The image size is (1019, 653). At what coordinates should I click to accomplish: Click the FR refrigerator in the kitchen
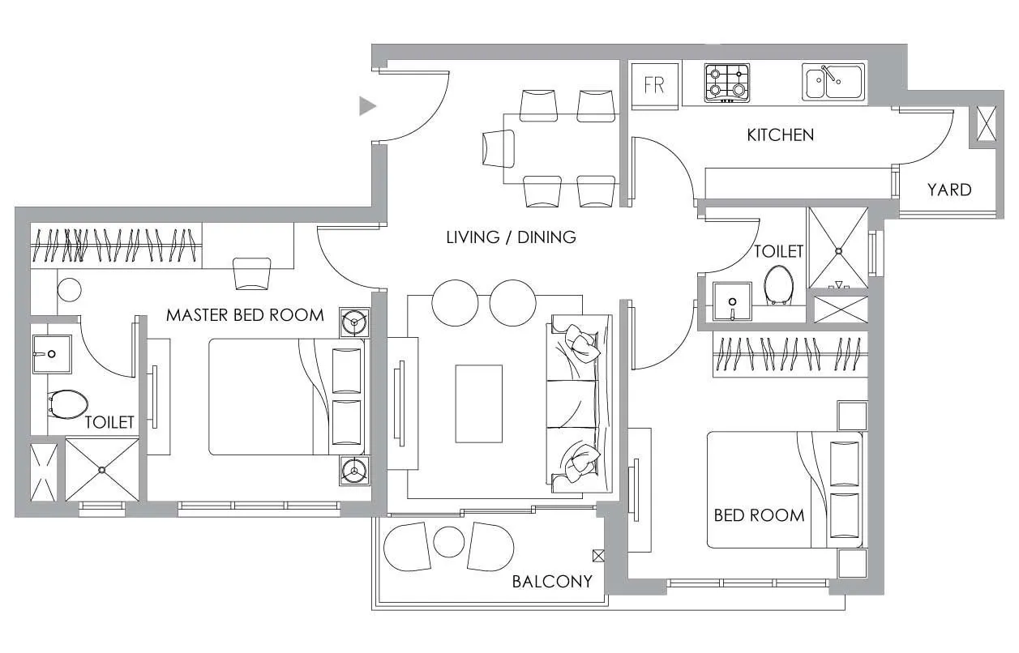point(654,84)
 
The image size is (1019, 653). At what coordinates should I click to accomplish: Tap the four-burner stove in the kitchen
point(726,83)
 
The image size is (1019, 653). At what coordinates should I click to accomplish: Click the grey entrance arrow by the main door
point(368,105)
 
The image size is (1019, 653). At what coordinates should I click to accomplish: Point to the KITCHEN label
point(780,134)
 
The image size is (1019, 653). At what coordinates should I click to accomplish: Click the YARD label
point(948,190)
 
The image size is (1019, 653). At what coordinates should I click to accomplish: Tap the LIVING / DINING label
point(511,237)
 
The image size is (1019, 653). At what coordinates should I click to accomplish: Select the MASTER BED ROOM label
point(245,314)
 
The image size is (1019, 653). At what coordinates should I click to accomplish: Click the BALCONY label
point(552,581)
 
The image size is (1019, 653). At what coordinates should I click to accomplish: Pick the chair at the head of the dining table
point(498,149)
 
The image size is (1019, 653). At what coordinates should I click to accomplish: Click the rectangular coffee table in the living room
point(478,403)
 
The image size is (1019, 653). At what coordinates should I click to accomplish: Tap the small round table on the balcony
point(448,541)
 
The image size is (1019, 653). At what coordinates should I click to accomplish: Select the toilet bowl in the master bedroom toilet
point(68,403)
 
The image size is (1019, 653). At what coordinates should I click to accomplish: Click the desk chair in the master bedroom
point(251,273)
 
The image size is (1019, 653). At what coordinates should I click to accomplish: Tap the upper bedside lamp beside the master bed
point(353,322)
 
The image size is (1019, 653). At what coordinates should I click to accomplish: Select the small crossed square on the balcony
point(598,555)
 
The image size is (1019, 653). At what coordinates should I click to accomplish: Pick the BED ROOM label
point(759,515)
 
